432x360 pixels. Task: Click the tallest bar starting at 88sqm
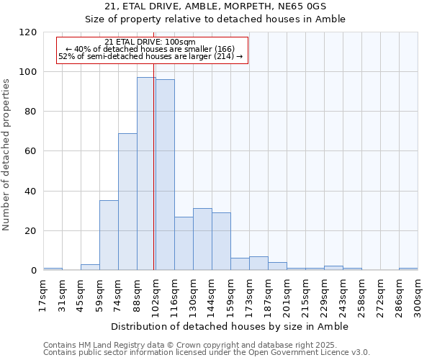tap(146, 174)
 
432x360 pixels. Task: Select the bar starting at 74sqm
tap(127, 202)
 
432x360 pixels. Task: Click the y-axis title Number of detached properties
tap(7, 154)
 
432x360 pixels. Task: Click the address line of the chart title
tap(215, 6)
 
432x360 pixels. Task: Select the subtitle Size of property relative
tap(215, 19)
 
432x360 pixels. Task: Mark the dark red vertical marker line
tap(154, 180)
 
